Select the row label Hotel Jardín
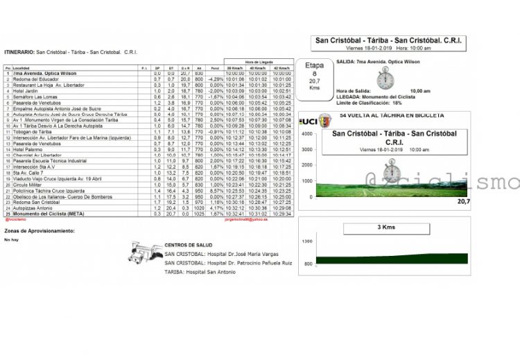24,91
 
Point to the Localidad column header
21,68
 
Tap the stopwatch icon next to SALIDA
385,78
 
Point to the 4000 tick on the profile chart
306,132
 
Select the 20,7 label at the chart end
463,201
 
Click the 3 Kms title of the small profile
386,227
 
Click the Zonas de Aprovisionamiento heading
40,230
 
